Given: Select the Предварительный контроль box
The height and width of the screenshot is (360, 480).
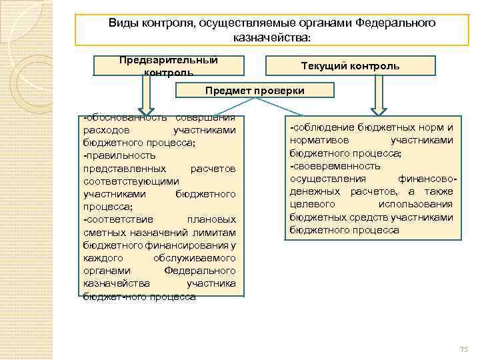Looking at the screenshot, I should coord(168,65).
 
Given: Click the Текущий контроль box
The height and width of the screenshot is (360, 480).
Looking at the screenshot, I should coord(350,66).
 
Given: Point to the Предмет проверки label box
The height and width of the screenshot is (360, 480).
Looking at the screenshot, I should coord(255,90).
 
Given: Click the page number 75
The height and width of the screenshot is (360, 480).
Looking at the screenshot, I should coord(465,350).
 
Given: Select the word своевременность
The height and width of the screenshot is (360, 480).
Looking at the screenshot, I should coord(337,166).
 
